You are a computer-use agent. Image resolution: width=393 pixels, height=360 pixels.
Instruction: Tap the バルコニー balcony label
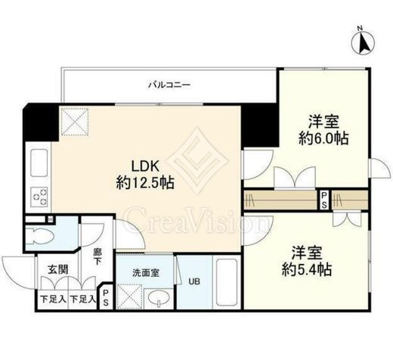169,85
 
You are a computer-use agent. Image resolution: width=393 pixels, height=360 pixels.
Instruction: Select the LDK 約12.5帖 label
145,175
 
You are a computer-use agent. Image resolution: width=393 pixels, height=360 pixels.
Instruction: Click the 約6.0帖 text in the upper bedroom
323,138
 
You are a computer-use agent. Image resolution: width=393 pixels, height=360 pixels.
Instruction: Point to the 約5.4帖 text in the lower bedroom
307,269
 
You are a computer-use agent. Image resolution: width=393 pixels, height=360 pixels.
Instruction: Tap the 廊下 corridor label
97,256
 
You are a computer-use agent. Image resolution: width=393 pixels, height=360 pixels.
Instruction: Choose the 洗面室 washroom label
146,273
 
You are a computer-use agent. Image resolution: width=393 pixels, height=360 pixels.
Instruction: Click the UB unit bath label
194,281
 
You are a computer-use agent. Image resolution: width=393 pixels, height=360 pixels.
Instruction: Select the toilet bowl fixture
40,236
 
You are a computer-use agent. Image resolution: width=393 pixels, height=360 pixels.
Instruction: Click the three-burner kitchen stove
39,197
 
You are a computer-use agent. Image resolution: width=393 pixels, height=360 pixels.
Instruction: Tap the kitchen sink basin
39,163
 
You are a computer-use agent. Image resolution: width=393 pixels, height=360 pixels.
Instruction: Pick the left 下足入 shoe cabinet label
53,299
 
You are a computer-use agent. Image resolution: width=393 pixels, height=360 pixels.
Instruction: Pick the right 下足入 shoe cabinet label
82,299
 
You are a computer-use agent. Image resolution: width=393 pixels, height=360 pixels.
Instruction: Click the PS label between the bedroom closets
324,200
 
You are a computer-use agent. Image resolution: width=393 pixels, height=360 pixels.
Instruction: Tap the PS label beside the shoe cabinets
106,297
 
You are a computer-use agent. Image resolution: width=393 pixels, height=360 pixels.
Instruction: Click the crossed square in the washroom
129,296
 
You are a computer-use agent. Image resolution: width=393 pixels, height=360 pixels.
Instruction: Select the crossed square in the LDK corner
75,122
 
